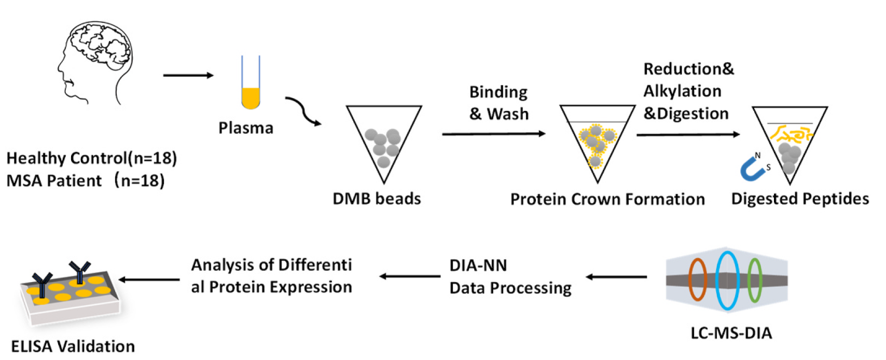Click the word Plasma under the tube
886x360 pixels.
tap(245, 128)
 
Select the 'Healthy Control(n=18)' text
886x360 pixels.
tap(92, 158)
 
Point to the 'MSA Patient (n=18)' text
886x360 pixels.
tap(86, 181)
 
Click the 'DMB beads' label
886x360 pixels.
tap(377, 199)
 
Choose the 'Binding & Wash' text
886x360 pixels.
tap(499, 103)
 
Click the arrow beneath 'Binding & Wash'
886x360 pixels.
tap(493, 134)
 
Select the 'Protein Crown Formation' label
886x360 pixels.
tap(607, 199)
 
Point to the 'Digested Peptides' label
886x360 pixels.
tap(800, 199)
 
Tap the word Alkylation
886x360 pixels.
tap(682, 91)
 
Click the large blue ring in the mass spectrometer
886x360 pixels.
tap(727, 280)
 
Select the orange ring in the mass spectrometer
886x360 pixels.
tap(698, 280)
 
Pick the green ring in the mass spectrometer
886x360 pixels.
tap(754, 280)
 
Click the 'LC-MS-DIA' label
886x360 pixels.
tap(731, 333)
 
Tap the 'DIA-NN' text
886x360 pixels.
tap(478, 266)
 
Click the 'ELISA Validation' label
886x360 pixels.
tap(73, 347)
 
